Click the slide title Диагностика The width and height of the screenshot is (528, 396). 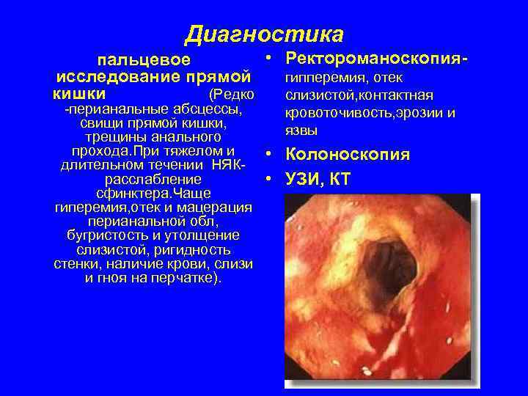pos(263,34)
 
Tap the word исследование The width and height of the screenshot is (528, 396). pos(119,77)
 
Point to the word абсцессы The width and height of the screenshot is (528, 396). pos(209,109)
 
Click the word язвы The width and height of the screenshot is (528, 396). pos(301,131)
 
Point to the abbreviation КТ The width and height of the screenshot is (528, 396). pos(340,179)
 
